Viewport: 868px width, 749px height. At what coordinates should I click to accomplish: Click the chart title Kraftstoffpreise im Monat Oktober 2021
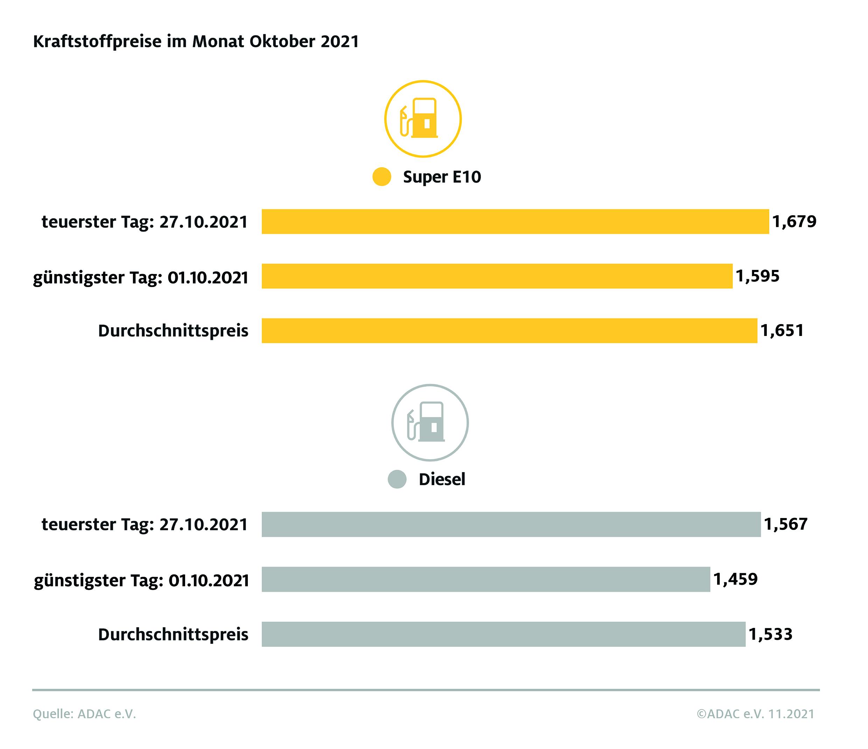click(196, 42)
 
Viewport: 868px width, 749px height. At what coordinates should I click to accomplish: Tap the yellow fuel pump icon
click(423, 119)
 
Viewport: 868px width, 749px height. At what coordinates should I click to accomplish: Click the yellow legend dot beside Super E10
click(381, 177)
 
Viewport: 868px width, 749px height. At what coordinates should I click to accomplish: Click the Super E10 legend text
click(442, 177)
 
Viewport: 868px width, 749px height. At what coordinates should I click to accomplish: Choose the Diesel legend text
click(442, 479)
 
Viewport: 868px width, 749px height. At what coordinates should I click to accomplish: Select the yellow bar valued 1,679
click(515, 222)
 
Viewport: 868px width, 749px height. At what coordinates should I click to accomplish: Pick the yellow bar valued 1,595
click(497, 276)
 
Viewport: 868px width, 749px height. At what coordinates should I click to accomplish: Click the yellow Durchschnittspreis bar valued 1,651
click(509, 330)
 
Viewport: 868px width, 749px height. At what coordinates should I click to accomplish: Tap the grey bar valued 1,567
click(511, 524)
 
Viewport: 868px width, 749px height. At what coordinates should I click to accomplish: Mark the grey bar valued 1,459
click(486, 579)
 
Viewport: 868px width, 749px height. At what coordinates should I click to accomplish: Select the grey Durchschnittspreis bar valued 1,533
click(504, 634)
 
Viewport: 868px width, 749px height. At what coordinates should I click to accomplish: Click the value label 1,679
click(794, 221)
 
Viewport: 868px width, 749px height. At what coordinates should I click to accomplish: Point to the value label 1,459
click(736, 579)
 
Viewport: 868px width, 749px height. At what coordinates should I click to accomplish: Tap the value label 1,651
click(782, 330)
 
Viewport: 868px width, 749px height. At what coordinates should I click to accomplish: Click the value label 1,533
click(771, 634)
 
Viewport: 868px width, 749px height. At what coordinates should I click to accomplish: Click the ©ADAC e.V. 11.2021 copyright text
click(756, 714)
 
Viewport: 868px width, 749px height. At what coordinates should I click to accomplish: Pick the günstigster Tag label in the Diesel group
click(142, 581)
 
